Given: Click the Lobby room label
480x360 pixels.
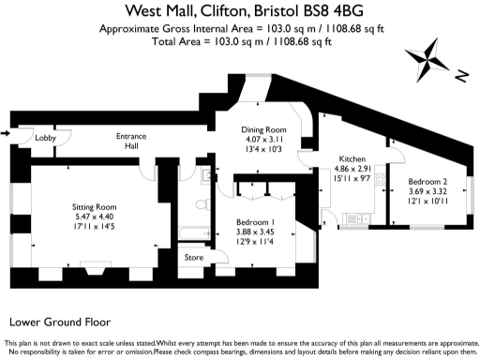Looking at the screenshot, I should (x=46, y=138).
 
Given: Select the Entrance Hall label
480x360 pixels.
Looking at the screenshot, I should (x=130, y=141).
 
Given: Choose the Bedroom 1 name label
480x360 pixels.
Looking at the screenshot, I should (x=255, y=221).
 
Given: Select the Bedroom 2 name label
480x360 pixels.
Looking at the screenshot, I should (x=427, y=181).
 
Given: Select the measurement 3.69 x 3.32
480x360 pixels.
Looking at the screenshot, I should (x=427, y=191).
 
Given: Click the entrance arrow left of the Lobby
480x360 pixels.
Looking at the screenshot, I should (x=7, y=134).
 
